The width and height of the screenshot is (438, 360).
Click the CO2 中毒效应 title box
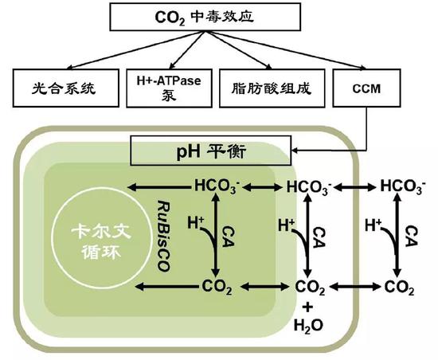coord(220,16)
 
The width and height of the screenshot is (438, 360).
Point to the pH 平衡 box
coord(210,149)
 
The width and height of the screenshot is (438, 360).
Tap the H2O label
coord(309,325)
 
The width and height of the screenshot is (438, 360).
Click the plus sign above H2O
coord(309,306)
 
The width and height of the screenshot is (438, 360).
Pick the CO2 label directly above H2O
coord(310,288)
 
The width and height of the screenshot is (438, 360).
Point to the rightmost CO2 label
coord(401,287)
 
